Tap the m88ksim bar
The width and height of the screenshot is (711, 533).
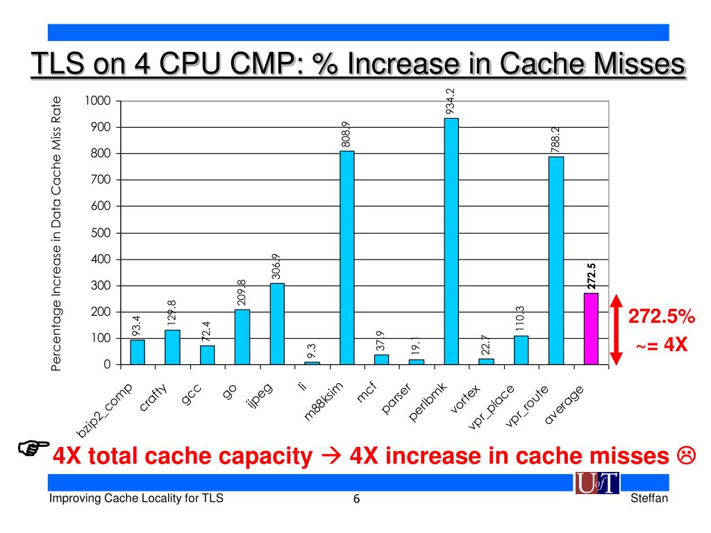click(346, 257)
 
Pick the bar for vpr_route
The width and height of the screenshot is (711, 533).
click(556, 260)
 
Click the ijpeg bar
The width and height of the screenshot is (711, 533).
click(277, 323)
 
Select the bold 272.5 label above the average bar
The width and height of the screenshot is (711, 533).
click(592, 276)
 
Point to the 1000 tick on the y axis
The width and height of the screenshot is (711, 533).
click(98, 101)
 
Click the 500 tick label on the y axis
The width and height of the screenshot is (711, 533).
click(101, 232)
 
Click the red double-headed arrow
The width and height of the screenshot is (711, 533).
click(614, 330)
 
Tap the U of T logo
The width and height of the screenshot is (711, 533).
click(596, 483)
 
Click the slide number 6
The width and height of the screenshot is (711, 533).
click(356, 500)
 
